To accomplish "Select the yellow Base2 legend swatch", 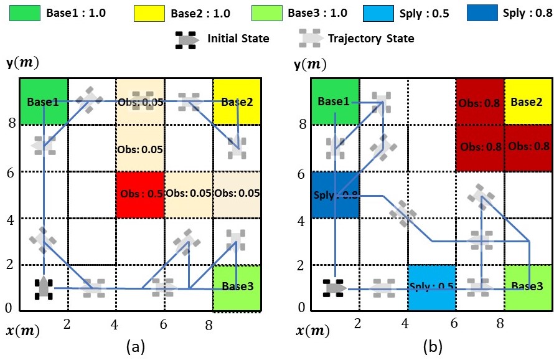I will click(x=149, y=13).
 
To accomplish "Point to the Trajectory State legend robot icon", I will click(x=310, y=39).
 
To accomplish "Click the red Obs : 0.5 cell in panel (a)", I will click(x=140, y=194).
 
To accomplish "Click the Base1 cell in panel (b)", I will click(x=335, y=102).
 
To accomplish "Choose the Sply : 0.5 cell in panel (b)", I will click(x=432, y=288).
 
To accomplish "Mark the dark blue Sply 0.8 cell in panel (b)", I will click(x=335, y=195).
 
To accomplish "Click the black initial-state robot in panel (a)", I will click(x=44, y=288).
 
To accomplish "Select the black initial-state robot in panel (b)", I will click(x=335, y=288).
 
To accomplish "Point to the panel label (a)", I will click(x=136, y=347).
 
